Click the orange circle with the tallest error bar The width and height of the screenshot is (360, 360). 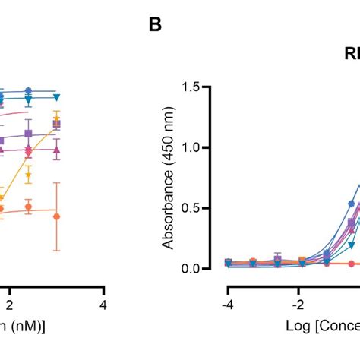pyautogui.click(x=57, y=216)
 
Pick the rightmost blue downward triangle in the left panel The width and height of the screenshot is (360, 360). pyautogui.click(x=56, y=97)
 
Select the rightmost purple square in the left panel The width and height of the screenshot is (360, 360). pyautogui.click(x=57, y=123)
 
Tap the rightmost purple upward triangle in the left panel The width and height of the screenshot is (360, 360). pyautogui.click(x=57, y=150)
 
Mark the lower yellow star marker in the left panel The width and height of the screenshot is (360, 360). pyautogui.click(x=29, y=175)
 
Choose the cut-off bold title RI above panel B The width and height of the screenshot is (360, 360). pyautogui.click(x=351, y=55)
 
